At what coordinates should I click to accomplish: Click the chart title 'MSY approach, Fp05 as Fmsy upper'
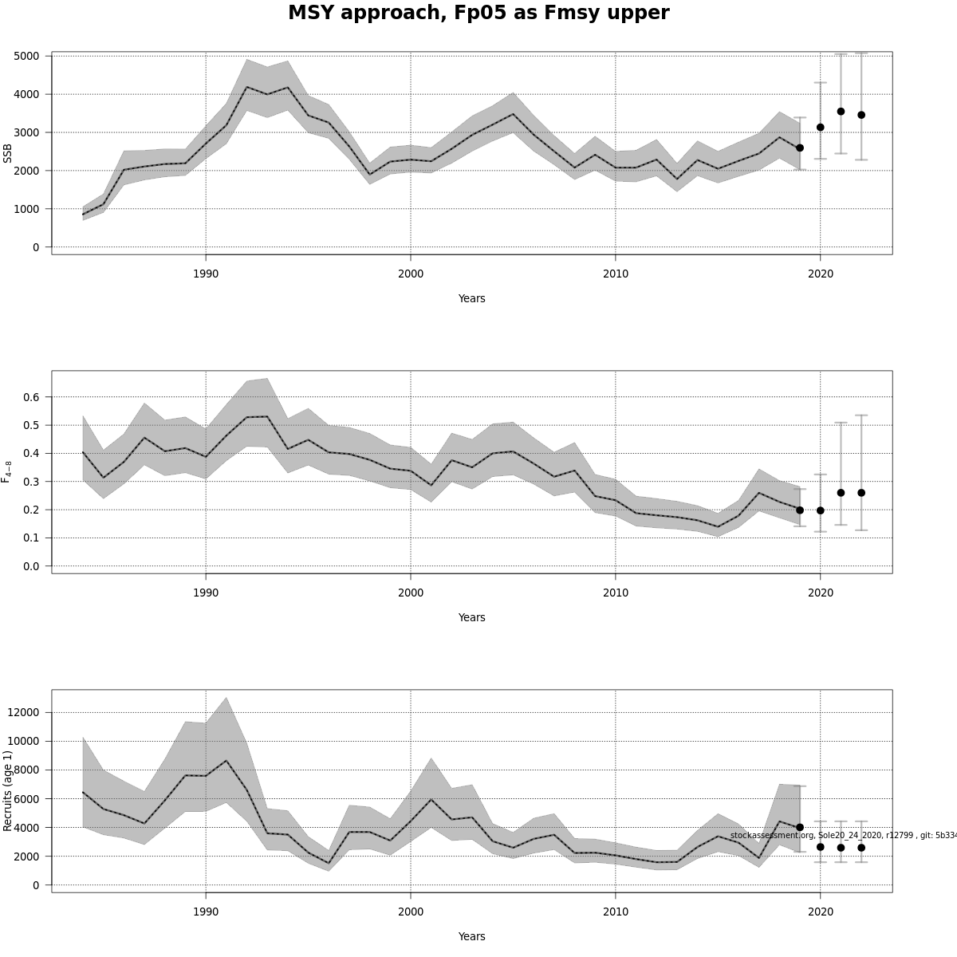[478, 14]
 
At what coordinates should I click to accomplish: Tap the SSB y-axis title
[8, 153]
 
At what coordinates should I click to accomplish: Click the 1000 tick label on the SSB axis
[26, 209]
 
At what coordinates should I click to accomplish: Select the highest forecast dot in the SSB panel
[841, 112]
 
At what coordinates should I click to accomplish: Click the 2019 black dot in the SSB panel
[800, 148]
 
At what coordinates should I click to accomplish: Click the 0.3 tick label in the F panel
[31, 482]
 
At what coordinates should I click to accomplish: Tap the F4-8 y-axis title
[8, 471]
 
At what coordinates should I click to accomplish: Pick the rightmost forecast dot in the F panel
[861, 493]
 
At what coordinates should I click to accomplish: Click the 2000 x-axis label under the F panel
[411, 593]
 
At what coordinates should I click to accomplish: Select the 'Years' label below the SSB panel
[471, 298]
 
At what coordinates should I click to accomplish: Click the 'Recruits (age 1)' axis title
[8, 790]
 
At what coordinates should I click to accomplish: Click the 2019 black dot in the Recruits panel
[800, 827]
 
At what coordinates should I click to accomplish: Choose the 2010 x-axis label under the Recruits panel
[616, 912]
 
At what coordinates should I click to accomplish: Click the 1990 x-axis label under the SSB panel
[206, 274]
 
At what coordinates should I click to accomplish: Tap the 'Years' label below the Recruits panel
[471, 936]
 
